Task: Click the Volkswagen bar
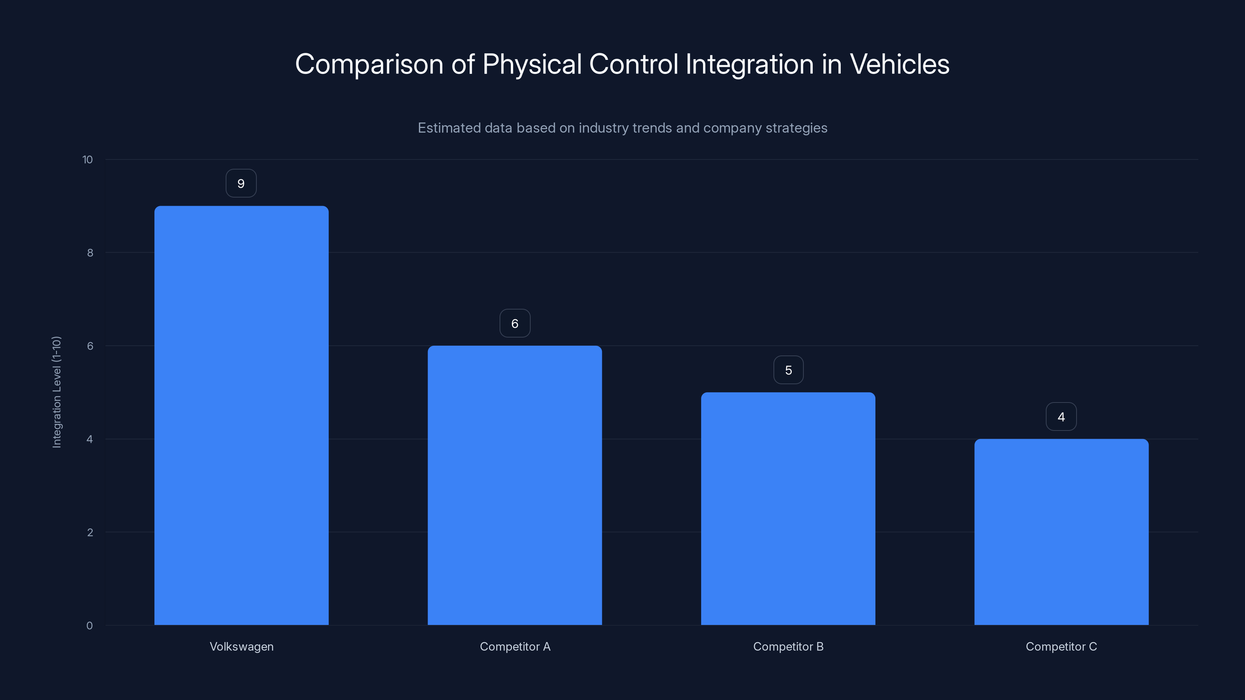tap(241, 415)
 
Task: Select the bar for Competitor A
tap(515, 485)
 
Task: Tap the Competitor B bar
tap(788, 508)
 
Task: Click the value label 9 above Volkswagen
tap(241, 184)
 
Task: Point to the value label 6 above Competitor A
tap(515, 324)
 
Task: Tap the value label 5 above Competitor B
tap(788, 370)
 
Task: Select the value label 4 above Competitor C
tap(1061, 417)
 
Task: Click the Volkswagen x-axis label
tap(242, 646)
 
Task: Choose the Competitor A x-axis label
tap(515, 646)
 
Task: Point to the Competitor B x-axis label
tap(788, 646)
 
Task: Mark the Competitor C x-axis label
tap(1061, 646)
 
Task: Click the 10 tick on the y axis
tap(88, 159)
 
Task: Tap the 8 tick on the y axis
tap(90, 253)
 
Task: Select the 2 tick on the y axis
tap(90, 532)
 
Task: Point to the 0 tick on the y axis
tap(89, 626)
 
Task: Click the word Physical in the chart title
tap(531, 64)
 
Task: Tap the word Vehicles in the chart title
tap(900, 64)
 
